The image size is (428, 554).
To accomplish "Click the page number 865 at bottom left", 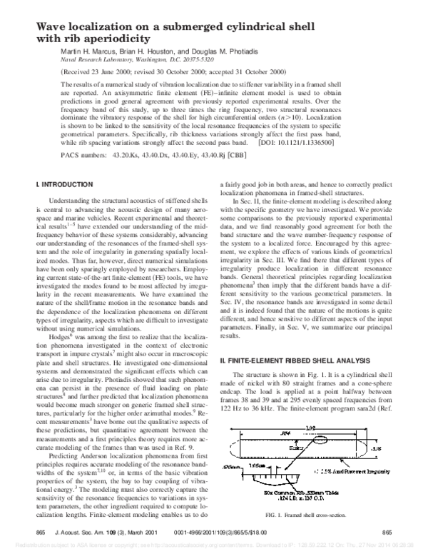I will click(x=40, y=533).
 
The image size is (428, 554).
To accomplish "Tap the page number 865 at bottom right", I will click(x=387, y=533).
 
